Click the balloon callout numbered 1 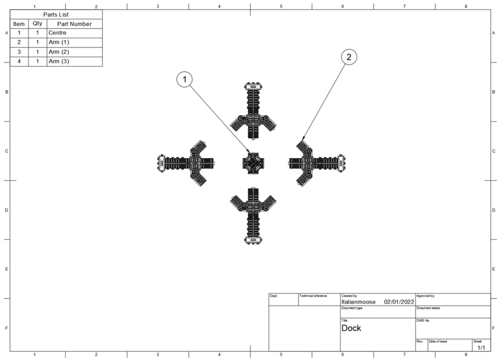pyautogui.click(x=185, y=79)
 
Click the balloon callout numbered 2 pyautogui.click(x=349, y=57)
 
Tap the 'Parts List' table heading pyautogui.click(x=56, y=14)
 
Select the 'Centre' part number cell pyautogui.click(x=75, y=33)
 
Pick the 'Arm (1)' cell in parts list pyautogui.click(x=75, y=43)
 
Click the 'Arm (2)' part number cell pyautogui.click(x=75, y=52)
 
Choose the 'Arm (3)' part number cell pyautogui.click(x=75, y=62)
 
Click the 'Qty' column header pyautogui.click(x=38, y=23)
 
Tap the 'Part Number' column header pyautogui.click(x=75, y=24)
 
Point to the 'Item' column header pyautogui.click(x=19, y=24)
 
